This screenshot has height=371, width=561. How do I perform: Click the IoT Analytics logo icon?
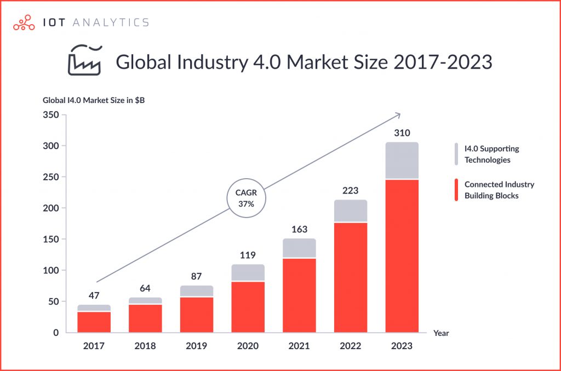click(23, 22)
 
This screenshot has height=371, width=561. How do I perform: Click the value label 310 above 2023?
click(402, 133)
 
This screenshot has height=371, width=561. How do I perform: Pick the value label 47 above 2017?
click(94, 295)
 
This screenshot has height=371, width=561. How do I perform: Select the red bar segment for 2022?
click(351, 277)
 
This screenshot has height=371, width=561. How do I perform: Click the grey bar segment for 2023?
click(402, 161)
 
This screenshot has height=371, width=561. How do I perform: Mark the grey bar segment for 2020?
click(248, 272)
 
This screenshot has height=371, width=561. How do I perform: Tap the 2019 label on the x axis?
click(197, 346)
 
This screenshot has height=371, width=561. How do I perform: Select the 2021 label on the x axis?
click(299, 346)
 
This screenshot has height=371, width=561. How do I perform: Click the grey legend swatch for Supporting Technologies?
click(456, 154)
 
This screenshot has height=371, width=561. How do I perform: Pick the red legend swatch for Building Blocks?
click(456, 190)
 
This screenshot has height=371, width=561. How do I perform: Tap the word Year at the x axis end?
click(441, 333)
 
